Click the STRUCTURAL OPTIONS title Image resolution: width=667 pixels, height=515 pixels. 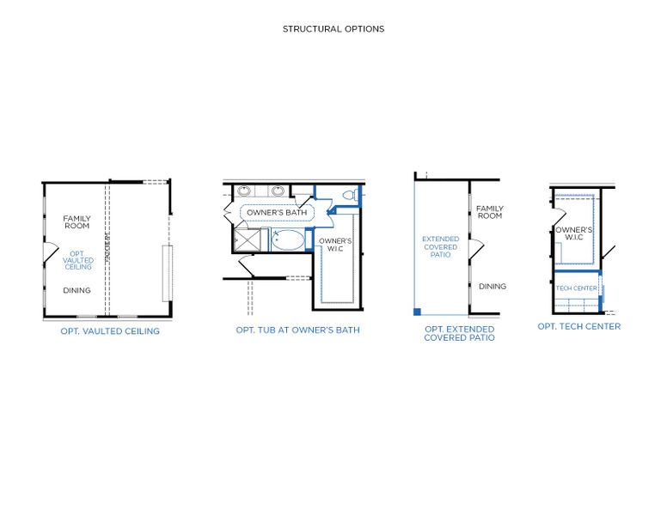[x=333, y=29]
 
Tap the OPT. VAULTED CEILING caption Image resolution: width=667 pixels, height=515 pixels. [x=110, y=331]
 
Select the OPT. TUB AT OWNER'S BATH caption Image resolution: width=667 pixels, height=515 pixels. [x=297, y=330]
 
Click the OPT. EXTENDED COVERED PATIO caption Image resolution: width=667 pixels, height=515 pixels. [x=459, y=333]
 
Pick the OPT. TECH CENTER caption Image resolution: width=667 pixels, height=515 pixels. [x=579, y=326]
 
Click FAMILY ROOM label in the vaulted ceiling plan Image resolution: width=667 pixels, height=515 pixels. [x=76, y=222]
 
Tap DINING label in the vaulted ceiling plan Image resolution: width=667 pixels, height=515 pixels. [x=76, y=290]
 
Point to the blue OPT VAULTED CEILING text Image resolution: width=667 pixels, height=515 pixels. [x=77, y=261]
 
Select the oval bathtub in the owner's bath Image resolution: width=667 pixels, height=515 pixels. [x=288, y=239]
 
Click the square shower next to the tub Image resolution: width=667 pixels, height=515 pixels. [x=248, y=240]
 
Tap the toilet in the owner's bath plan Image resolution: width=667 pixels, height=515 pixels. [x=350, y=195]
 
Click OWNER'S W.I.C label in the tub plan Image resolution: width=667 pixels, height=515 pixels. [x=335, y=245]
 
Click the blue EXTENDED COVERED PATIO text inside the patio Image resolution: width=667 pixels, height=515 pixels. [x=440, y=247]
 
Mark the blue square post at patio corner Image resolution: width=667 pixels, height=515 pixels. [x=418, y=311]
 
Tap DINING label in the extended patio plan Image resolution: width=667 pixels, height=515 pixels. [x=493, y=287]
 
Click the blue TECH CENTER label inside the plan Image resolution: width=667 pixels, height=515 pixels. [x=576, y=288]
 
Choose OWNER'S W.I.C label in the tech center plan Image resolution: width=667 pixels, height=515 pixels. [x=574, y=233]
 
